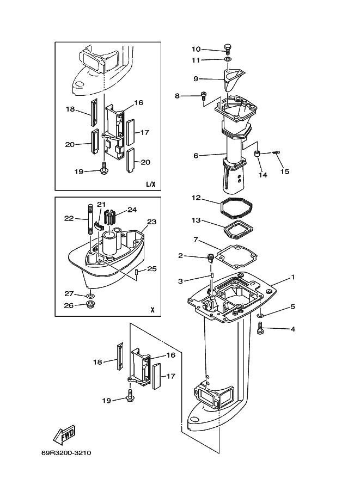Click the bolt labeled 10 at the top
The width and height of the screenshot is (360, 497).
pos(228,48)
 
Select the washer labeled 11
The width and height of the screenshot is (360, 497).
pos(228,59)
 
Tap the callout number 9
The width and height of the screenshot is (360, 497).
pos(196,78)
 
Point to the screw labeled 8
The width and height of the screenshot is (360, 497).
pos(203,95)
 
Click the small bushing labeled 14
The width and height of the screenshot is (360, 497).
pos(258,154)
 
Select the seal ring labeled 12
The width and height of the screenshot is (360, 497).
pos(236,208)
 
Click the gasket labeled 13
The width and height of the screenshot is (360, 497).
pos(239,231)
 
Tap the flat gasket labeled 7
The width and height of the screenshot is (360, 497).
pos(236,255)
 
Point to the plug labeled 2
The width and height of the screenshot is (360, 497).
pos(210,257)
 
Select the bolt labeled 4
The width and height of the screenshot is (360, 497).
pos(260,328)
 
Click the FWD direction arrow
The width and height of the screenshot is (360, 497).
pos(64,434)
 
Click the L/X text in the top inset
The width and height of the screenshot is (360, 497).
pos(151,184)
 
